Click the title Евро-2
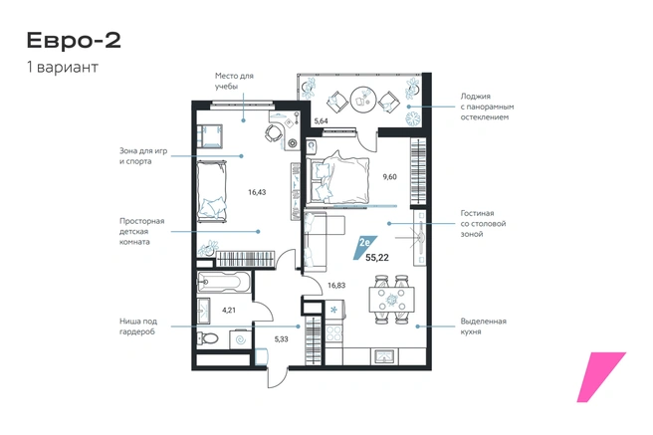pos(74,41)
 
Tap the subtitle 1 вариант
pos(63,67)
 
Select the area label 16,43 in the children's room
pos(257,192)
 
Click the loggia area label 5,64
pos(322,121)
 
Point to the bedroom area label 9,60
pos(390,177)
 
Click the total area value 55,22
pos(377,258)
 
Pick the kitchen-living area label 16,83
pos(336,286)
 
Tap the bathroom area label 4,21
pos(229,311)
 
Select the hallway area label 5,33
pos(281,339)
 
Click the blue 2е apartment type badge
pos(363,246)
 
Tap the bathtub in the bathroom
pos(223,283)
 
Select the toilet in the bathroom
pos(207,338)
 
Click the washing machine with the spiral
pos(241,339)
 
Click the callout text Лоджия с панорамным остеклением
pos(487,107)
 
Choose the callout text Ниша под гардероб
pos(137,326)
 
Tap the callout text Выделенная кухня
pos(483,326)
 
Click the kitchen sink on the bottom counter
pos(385,356)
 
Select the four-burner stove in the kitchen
pos(333,333)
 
